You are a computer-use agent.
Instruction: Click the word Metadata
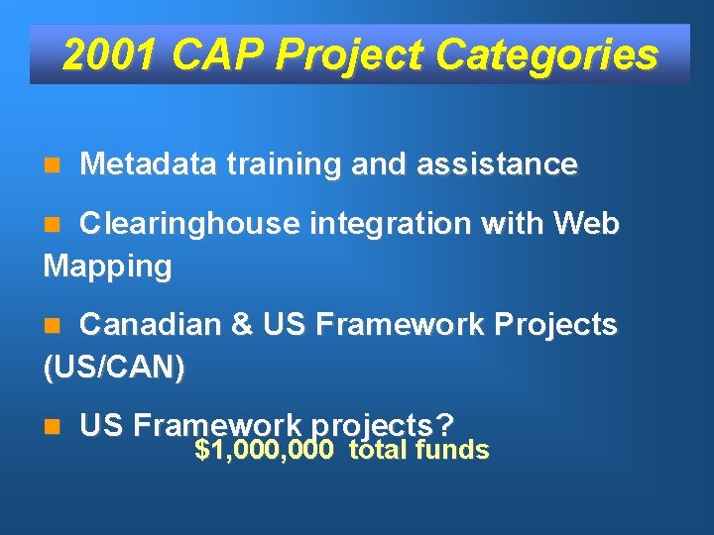[148, 163]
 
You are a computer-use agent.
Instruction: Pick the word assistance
[497, 163]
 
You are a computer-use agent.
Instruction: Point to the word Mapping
[108, 267]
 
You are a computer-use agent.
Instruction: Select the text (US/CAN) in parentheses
[114, 367]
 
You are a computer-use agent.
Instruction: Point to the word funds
[452, 452]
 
